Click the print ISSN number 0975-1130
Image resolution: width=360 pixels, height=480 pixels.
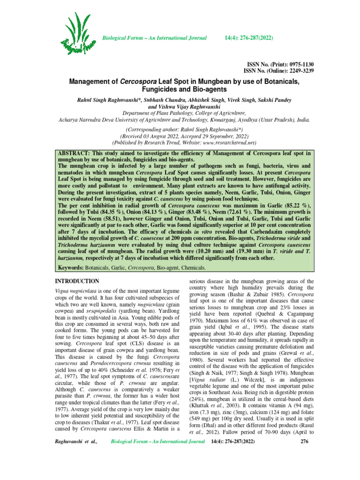pos(297,64)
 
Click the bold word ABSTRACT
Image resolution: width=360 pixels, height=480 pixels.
pos(74,154)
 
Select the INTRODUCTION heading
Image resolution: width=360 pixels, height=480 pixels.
pos(77,281)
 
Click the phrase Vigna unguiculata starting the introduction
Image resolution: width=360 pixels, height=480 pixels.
pos(78,291)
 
